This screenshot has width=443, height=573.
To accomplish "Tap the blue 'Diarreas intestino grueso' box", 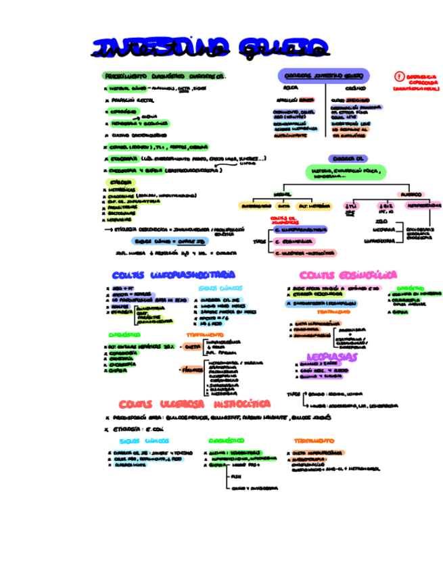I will (323, 76).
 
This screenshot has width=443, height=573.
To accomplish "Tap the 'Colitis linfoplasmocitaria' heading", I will (174, 274).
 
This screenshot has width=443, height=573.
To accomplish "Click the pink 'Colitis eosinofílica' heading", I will (348, 274).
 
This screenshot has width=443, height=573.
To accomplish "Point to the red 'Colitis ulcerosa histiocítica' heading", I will (195, 403).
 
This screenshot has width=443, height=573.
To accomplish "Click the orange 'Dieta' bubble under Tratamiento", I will (191, 346).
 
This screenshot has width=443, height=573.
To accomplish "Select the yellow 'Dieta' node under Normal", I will (284, 206).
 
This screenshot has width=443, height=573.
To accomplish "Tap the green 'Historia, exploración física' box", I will (345, 173).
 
